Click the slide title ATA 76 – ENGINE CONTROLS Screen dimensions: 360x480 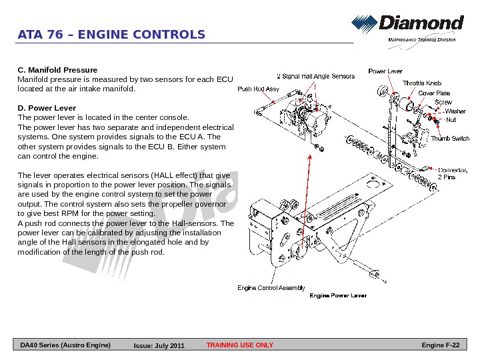[111, 35]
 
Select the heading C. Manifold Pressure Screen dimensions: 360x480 [57, 70]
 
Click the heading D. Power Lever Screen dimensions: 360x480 [46, 108]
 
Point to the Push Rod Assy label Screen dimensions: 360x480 [258, 89]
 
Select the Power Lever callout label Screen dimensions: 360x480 [385, 71]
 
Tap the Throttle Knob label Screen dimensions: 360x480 [421, 83]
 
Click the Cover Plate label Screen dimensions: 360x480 [434, 93]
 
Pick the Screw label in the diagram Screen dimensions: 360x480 [443, 102]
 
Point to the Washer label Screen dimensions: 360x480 [455, 111]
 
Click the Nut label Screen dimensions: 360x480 [451, 120]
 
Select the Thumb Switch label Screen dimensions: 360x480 [450, 139]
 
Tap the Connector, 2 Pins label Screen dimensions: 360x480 [451, 173]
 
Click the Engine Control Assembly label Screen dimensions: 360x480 [271, 288]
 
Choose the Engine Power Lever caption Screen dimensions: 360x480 [338, 295]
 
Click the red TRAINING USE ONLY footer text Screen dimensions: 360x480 [240, 345]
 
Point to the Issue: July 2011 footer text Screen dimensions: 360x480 [159, 346]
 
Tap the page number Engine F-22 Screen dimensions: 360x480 [441, 345]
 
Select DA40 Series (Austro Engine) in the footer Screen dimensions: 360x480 [65, 345]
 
